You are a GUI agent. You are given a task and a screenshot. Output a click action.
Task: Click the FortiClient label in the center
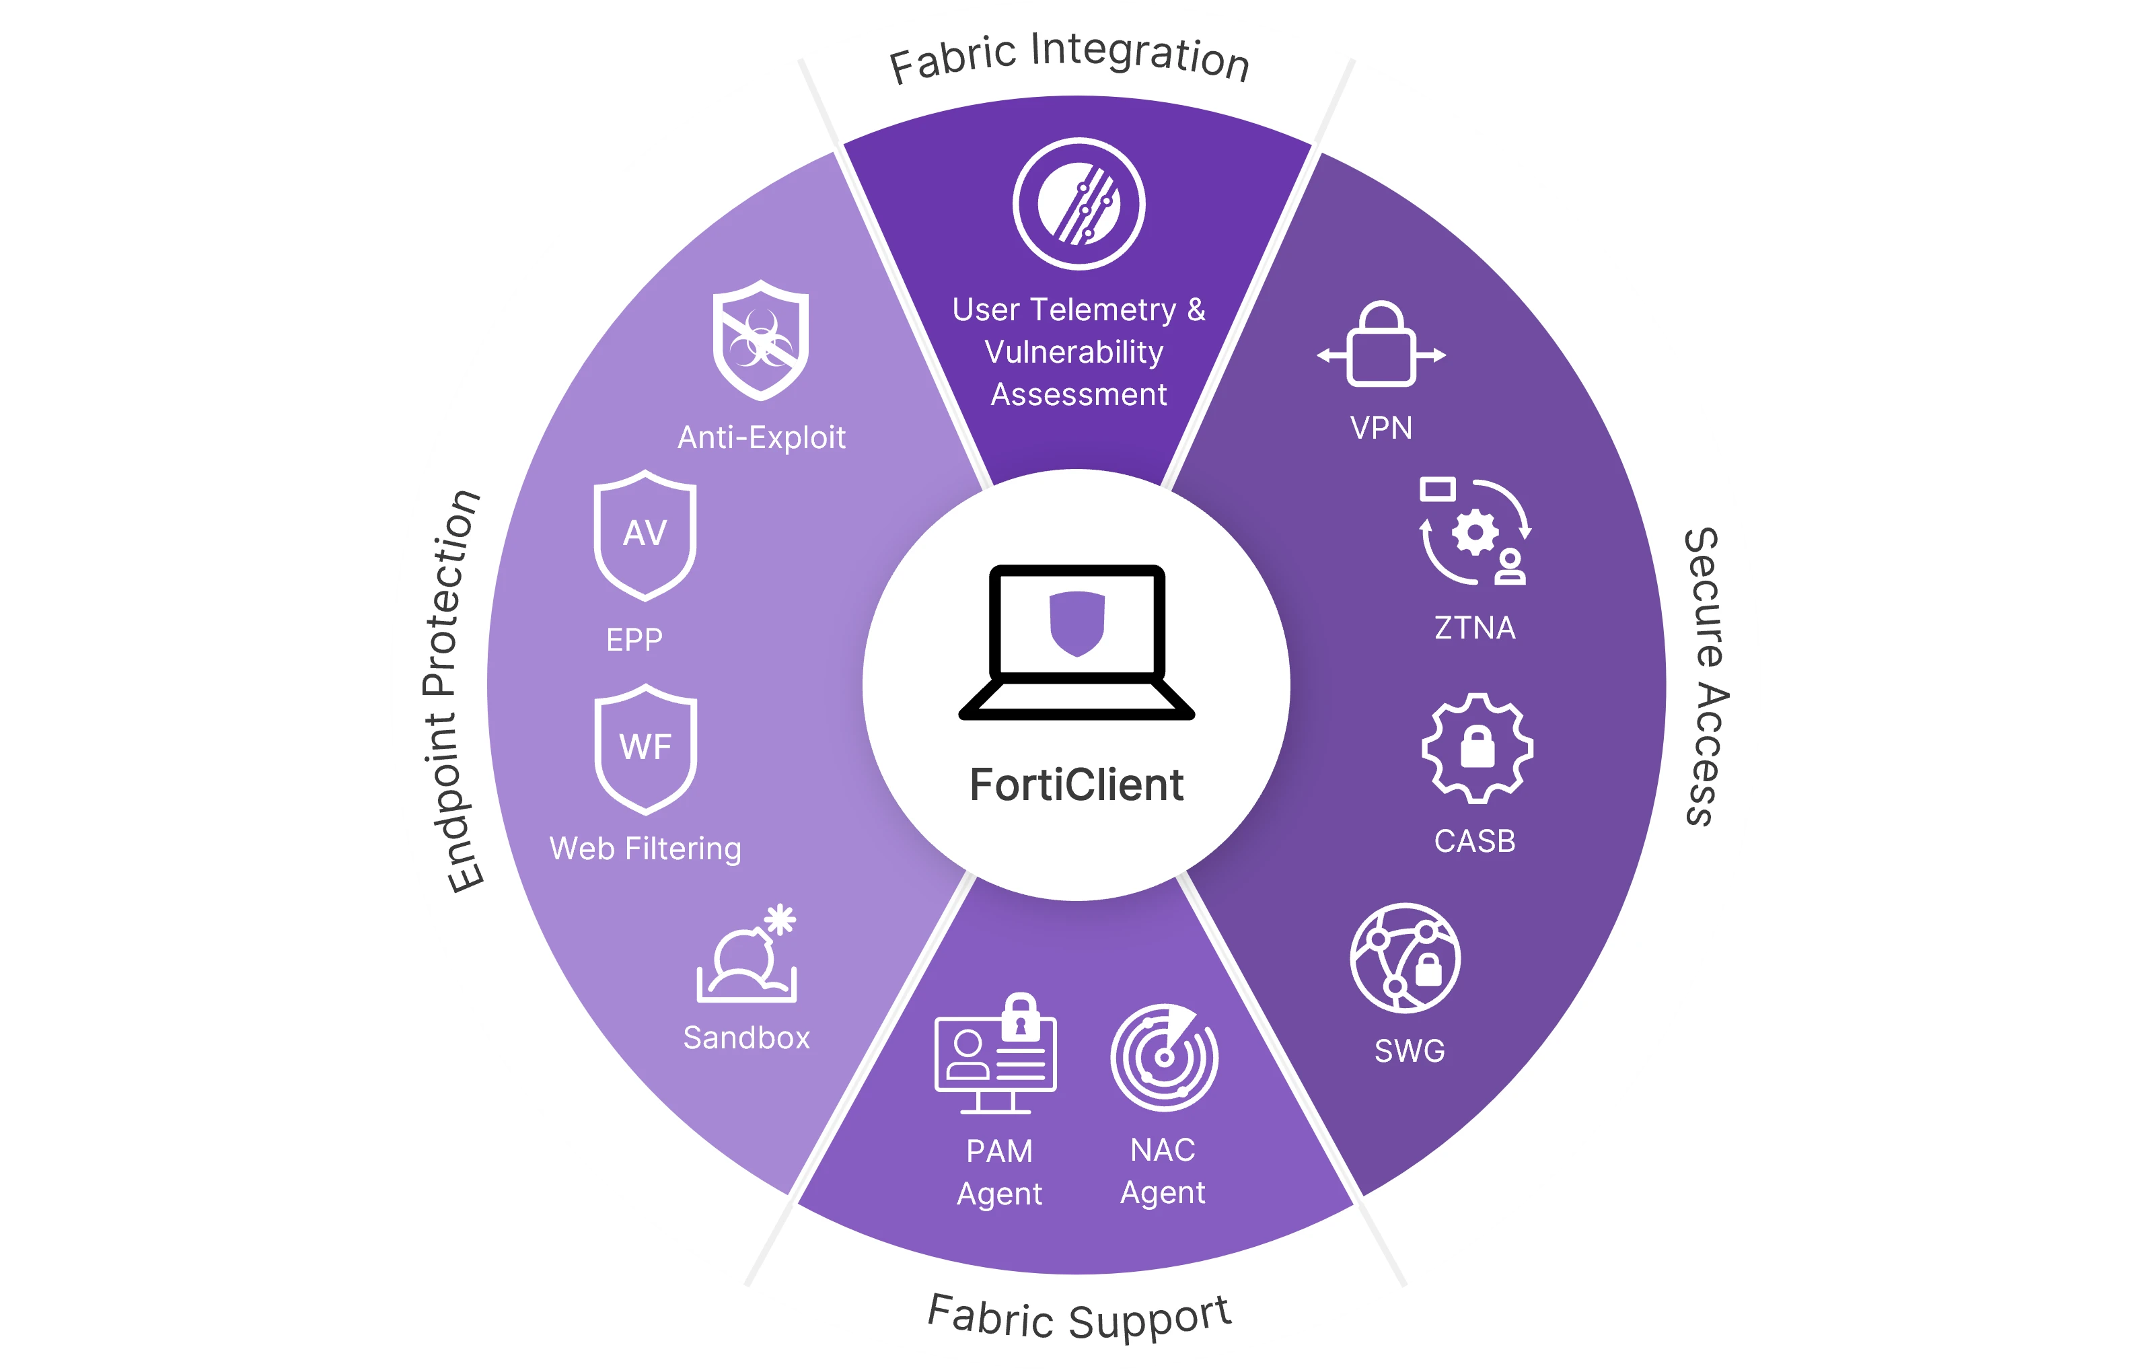click(1076, 785)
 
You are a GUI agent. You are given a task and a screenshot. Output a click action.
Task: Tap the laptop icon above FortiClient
click(1076, 642)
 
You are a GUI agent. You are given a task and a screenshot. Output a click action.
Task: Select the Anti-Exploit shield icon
click(761, 340)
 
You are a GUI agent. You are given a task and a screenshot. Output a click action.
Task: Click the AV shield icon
click(645, 535)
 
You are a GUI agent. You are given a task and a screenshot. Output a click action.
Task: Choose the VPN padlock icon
click(1381, 345)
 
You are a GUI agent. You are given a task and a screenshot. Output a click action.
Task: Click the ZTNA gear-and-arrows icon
click(1474, 532)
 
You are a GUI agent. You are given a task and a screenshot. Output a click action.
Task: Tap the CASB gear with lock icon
click(1477, 748)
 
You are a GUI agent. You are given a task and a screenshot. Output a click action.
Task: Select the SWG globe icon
click(1405, 958)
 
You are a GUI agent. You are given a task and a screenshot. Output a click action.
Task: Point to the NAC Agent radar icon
click(1163, 1057)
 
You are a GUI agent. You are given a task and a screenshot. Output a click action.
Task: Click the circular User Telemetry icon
click(1079, 204)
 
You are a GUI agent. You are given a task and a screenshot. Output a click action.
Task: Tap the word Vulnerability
click(1074, 353)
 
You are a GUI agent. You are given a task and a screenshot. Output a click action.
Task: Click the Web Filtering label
click(645, 849)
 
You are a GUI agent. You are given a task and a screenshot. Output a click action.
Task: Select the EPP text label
click(634, 639)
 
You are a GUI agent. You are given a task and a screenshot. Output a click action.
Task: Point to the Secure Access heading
click(1706, 676)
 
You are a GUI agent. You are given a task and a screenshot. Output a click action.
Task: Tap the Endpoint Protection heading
click(453, 690)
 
